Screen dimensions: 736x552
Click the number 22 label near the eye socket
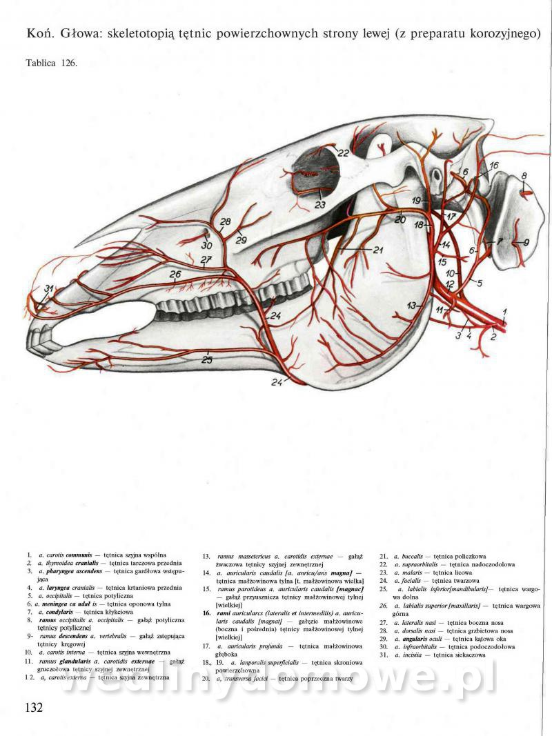(342, 152)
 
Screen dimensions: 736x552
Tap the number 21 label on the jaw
(377, 250)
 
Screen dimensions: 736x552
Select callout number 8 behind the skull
(524, 176)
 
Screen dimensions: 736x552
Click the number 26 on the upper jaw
(175, 274)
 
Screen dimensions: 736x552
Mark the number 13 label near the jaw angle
(412, 304)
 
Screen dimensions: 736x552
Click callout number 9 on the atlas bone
(526, 242)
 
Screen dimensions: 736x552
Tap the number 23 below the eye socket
(319, 204)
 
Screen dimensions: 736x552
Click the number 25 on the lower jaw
(207, 359)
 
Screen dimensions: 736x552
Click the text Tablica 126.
(52, 63)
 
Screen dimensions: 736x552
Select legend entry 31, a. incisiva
(442, 655)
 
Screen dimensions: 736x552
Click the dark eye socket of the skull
(317, 176)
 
